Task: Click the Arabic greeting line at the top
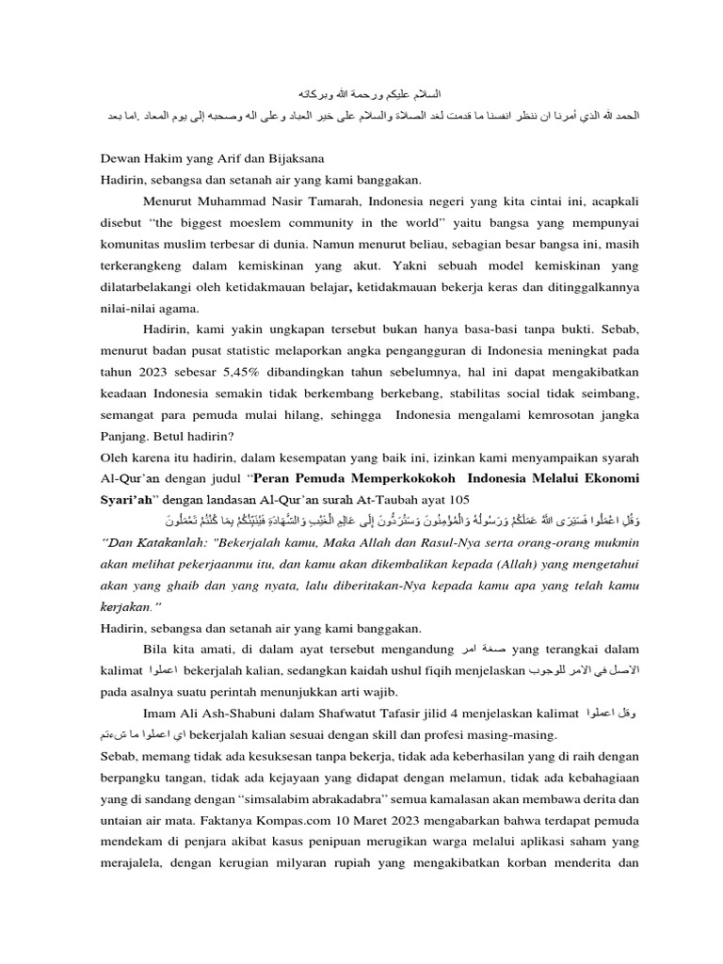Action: (x=362, y=94)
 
